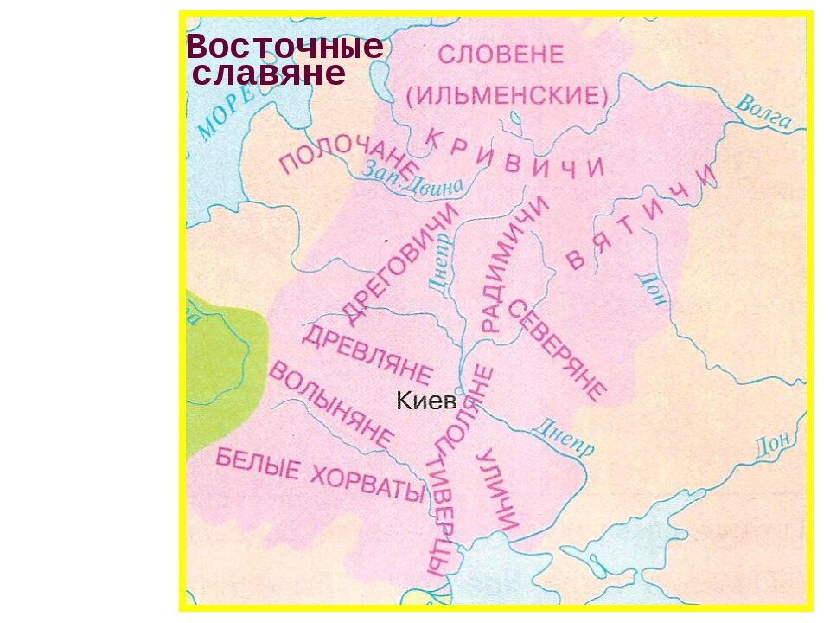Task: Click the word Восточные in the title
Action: pos(284,46)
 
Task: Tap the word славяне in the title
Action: pos(269,74)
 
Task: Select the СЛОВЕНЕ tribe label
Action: pos(501,55)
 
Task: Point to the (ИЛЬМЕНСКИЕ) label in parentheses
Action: pos(507,94)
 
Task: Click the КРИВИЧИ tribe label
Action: pos(516,156)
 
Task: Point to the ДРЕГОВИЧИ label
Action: pos(399,263)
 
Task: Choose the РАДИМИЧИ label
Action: pos(514,263)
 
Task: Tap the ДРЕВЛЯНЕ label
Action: pos(367,355)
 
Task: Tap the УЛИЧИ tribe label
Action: pos(499,490)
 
